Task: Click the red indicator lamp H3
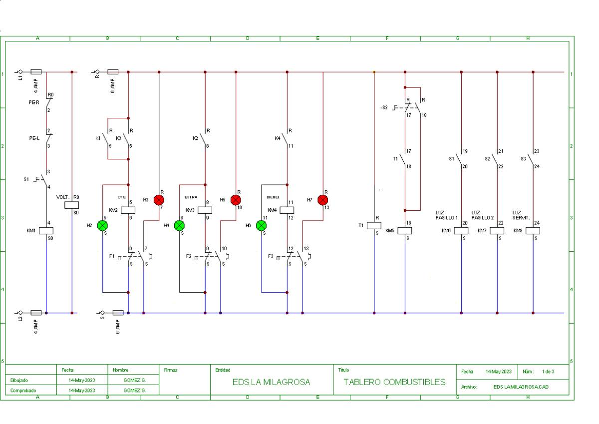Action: click(159, 200)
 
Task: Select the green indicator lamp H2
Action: click(102, 226)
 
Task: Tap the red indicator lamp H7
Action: click(322, 200)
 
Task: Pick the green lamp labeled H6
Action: click(261, 226)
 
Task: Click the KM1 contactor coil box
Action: click(46, 231)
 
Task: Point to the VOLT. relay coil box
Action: click(72, 205)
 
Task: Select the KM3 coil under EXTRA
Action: click(205, 210)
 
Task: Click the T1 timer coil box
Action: click(374, 225)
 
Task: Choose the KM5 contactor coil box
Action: click(405, 231)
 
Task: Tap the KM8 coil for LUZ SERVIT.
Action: click(533, 231)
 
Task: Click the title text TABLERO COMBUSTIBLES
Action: click(394, 382)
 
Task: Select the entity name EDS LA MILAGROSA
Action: click(271, 382)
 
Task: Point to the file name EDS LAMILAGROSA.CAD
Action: click(521, 387)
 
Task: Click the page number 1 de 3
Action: click(548, 372)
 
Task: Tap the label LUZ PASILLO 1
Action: click(446, 215)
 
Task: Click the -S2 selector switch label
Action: click(383, 107)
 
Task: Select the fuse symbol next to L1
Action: click(36, 72)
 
